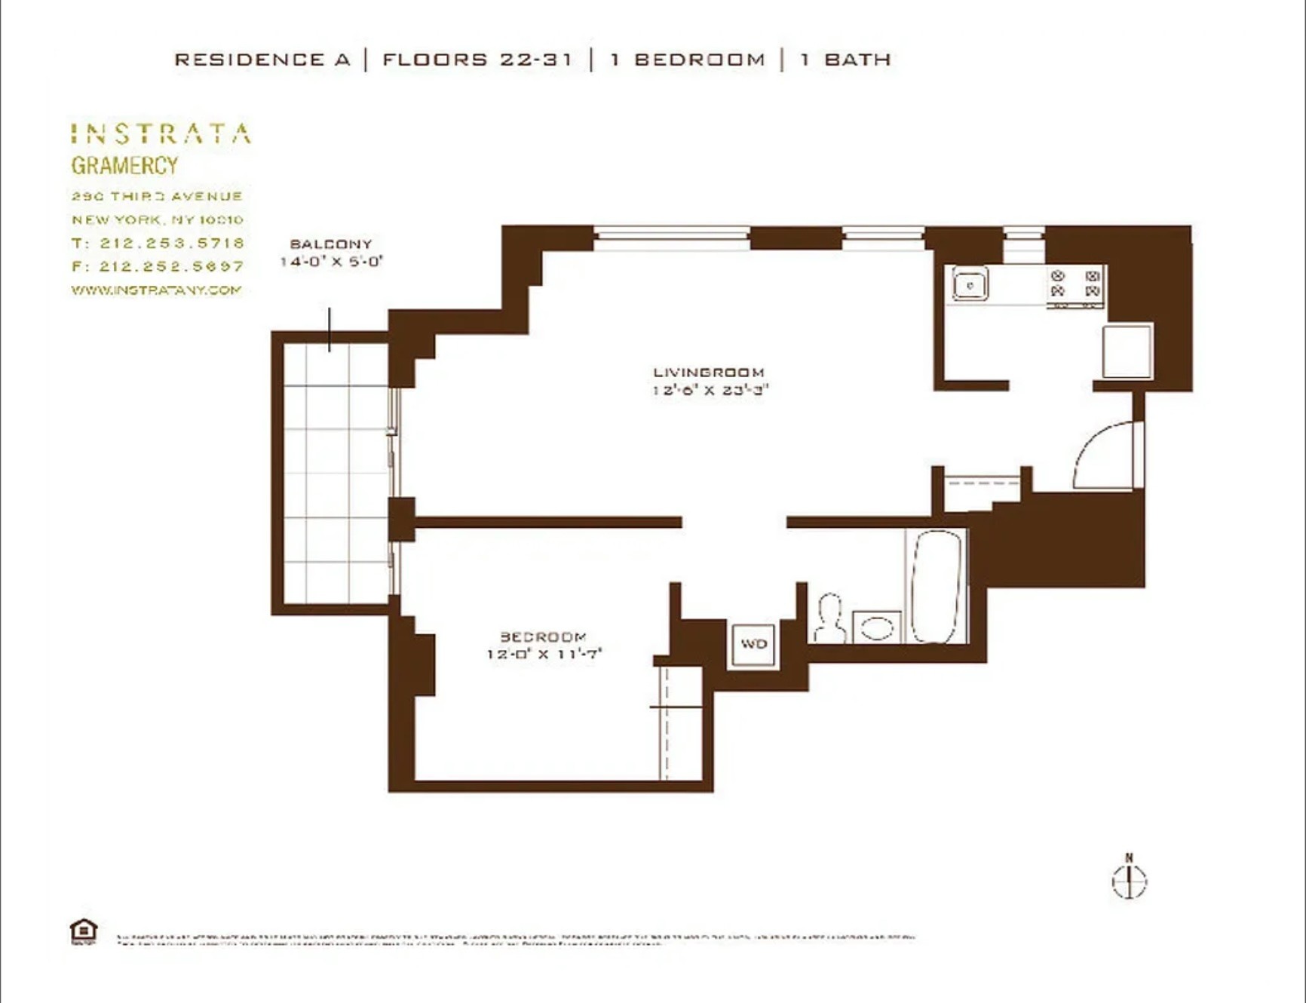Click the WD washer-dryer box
[x=753, y=644]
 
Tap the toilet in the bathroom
[x=829, y=619]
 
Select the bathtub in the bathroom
[x=937, y=587]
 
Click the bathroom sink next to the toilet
[x=877, y=627]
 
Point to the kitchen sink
[x=970, y=285]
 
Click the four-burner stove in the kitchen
[x=1075, y=284]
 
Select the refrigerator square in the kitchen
[x=1127, y=351]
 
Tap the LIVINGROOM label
[x=709, y=373]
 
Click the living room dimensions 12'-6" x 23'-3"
[x=710, y=390]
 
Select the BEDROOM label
[x=543, y=637]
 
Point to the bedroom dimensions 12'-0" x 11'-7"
[x=544, y=654]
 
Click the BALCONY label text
[x=331, y=244]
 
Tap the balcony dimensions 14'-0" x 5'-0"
[x=331, y=262]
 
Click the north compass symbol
[x=1129, y=879]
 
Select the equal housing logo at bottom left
[x=84, y=931]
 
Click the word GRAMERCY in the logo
[x=124, y=166]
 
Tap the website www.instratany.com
[x=156, y=290]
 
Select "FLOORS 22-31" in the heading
[x=477, y=60]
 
